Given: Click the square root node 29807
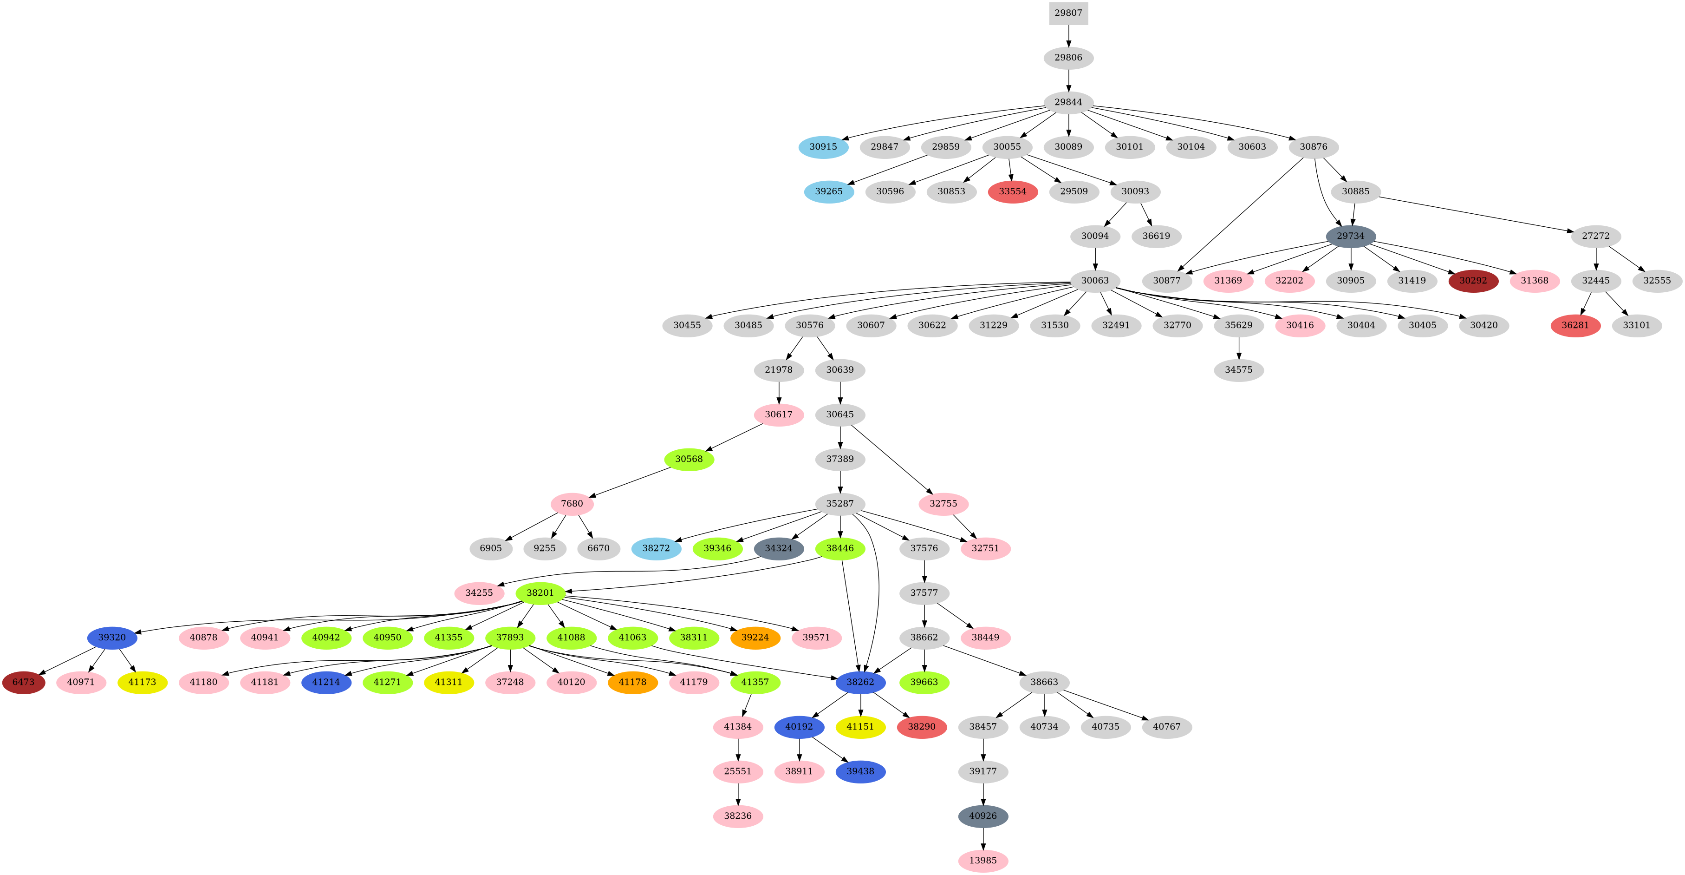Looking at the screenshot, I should coord(1068,13).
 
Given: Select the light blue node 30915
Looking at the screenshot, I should coord(823,146).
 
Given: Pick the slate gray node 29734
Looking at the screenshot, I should coord(1350,236).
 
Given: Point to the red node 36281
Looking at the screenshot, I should coord(1575,325).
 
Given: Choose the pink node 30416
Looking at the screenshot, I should coord(1300,325).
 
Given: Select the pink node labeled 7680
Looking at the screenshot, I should coord(572,504).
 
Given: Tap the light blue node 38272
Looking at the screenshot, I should coord(656,548).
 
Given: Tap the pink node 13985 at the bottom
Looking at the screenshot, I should coord(983,861).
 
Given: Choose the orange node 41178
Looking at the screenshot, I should coord(632,682).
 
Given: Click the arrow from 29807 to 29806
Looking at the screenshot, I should coord(1068,35).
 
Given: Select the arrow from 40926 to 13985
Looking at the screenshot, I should coord(983,838).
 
